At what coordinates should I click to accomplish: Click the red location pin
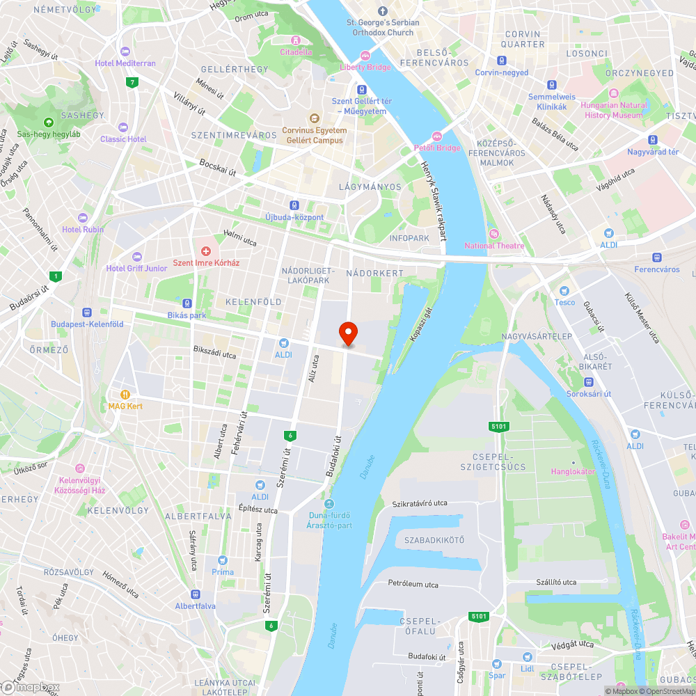(347, 334)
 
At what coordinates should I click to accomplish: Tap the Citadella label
(296, 52)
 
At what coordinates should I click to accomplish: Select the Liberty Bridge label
(365, 67)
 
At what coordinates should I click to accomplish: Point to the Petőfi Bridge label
(437, 148)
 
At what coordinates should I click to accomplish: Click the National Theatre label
(494, 245)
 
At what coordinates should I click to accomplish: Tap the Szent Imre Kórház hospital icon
(206, 251)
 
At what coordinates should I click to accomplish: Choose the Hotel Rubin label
(83, 229)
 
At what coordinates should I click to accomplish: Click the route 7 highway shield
(132, 83)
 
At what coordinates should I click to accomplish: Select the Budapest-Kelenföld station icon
(87, 313)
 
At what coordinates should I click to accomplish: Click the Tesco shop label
(564, 301)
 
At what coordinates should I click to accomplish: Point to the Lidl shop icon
(527, 656)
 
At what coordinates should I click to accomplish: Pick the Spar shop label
(497, 674)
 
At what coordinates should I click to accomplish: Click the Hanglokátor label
(573, 471)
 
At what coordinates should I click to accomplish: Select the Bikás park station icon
(187, 303)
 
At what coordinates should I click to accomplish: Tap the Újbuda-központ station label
(294, 217)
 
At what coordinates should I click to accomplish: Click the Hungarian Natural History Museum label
(613, 110)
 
